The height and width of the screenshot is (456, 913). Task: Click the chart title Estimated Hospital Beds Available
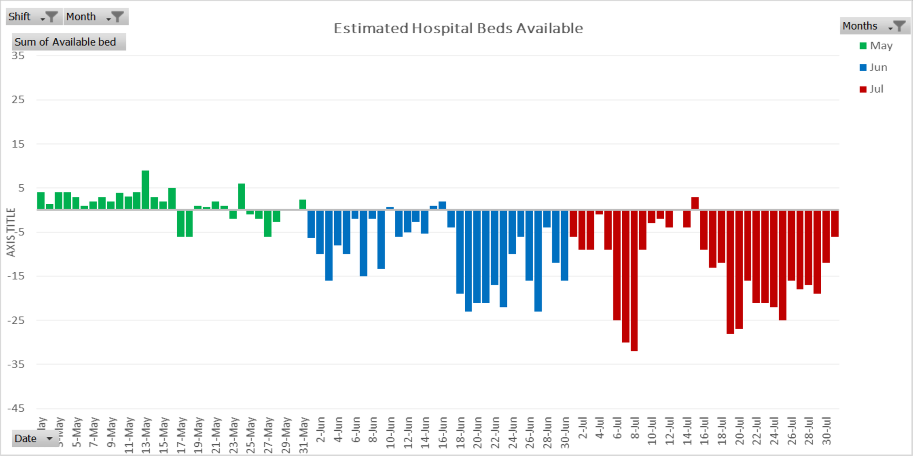click(458, 28)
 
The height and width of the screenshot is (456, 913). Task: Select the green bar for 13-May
click(146, 190)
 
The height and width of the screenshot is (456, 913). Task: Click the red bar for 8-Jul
click(634, 280)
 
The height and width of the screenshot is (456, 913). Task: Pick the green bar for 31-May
click(303, 205)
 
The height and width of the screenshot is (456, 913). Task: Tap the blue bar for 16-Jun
click(442, 205)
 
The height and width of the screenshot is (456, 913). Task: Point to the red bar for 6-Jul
click(617, 264)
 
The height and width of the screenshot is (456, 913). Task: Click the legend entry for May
click(876, 46)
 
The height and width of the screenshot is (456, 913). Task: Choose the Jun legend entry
click(873, 67)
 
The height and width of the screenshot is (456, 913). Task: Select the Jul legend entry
click(871, 89)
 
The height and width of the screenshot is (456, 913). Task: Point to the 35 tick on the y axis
click(18, 56)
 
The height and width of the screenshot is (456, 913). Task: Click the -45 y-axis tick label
click(16, 408)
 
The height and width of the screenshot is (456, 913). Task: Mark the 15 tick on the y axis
click(18, 144)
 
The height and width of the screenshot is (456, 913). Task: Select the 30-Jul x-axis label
click(826, 431)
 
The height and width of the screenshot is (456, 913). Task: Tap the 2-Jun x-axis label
click(321, 430)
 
